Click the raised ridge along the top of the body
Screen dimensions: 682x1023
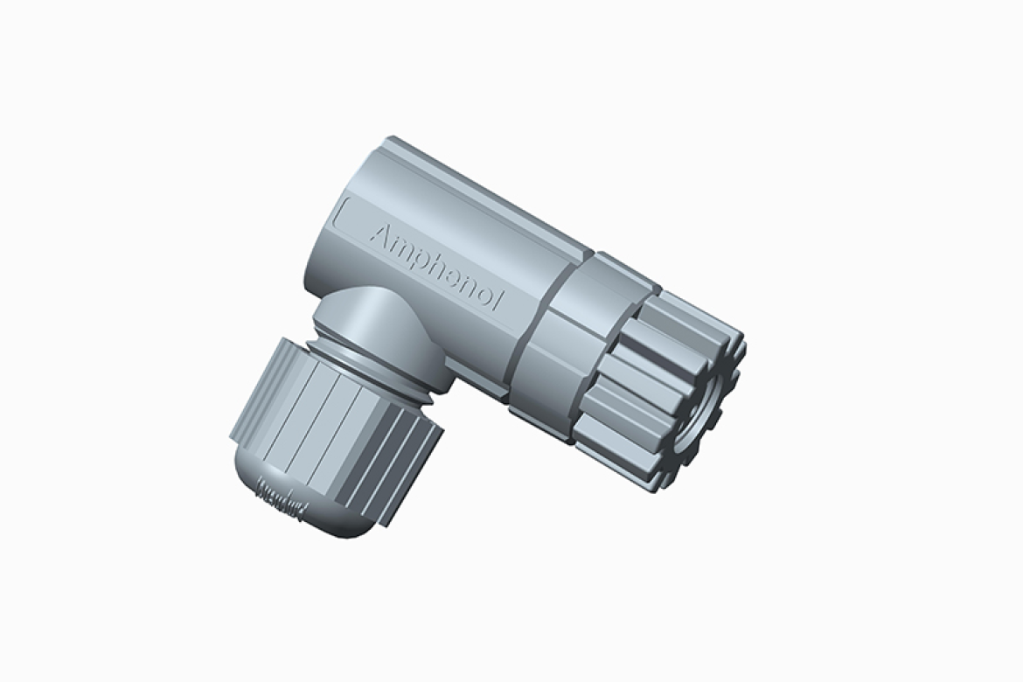tap(490, 192)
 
